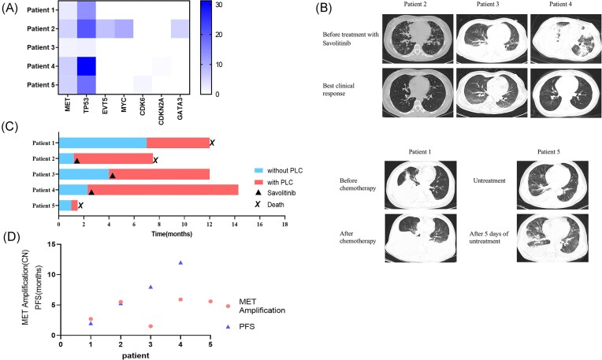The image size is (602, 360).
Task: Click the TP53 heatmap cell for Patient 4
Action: click(87, 66)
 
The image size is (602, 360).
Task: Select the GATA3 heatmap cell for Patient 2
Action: click(180, 29)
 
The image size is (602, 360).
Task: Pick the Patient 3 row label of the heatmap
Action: click(41, 47)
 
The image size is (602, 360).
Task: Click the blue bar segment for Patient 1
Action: click(103, 143)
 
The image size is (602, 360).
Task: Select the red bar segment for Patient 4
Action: click(163, 190)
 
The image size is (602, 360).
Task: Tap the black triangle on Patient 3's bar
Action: click(113, 176)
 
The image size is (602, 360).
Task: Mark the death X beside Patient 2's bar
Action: click(155, 161)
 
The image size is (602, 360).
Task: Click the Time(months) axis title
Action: click(172, 234)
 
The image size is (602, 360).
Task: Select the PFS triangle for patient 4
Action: click(180, 263)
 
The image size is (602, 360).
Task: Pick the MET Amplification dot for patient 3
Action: click(150, 326)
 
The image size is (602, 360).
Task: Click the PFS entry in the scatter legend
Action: click(240, 327)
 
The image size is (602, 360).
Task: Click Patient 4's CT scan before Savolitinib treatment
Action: click(566, 39)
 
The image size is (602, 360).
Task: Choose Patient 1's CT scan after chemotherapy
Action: click(421, 239)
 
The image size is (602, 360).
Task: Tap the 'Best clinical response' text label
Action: click(338, 90)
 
